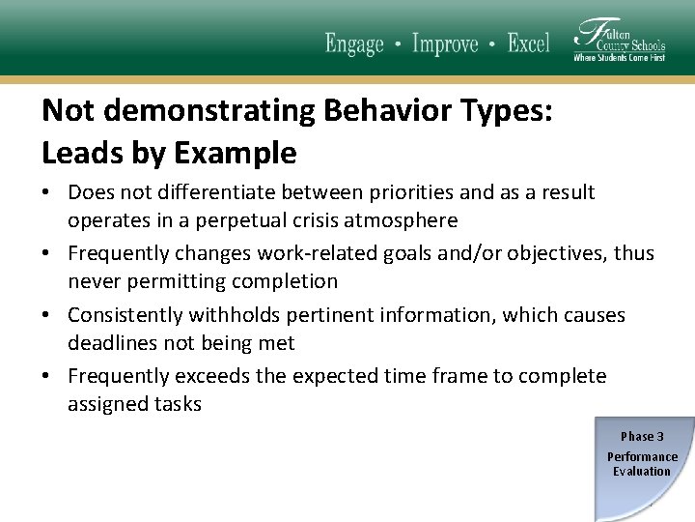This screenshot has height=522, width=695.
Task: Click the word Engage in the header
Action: tap(354, 43)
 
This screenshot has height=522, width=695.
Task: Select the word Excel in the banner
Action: tap(529, 43)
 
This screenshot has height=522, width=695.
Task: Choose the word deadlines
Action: tap(113, 343)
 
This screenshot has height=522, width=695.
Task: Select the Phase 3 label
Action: tap(642, 437)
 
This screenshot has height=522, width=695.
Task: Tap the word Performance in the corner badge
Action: tap(642, 456)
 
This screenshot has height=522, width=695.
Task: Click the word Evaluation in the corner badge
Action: tap(642, 472)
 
